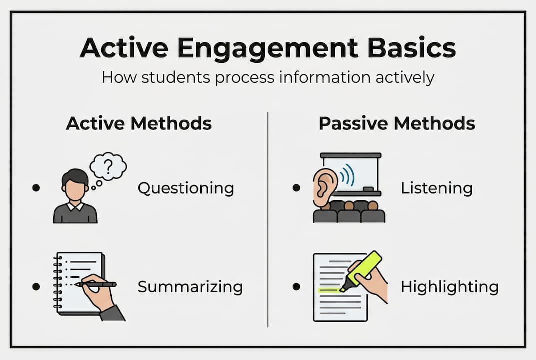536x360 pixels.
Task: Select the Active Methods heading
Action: coord(139,123)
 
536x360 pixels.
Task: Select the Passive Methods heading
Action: coord(397,123)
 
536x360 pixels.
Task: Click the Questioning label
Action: coord(186,188)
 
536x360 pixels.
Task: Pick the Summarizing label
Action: coord(190,287)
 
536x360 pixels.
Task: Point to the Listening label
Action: coord(437,188)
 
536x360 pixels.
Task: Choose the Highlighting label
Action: coord(450,287)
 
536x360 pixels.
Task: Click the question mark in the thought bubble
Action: coord(108,166)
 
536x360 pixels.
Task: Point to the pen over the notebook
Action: coord(96,284)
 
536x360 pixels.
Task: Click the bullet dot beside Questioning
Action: coord(36,188)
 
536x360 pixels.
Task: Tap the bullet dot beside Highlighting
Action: coord(296,287)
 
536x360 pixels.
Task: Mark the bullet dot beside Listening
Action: coord(296,188)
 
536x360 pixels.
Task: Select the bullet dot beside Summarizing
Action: coord(36,287)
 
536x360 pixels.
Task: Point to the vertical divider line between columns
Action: coord(268,219)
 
